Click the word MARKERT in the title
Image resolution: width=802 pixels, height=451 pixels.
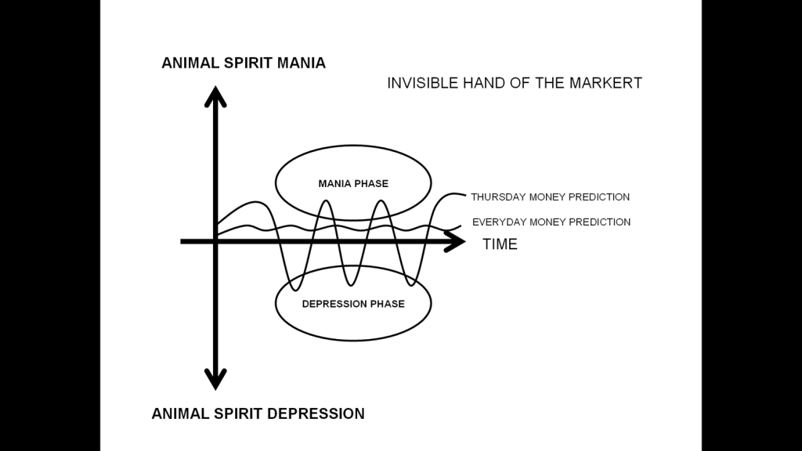pos(608,82)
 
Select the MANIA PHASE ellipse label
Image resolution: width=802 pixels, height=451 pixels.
pos(353,184)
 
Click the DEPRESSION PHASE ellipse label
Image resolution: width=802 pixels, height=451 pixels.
pos(353,304)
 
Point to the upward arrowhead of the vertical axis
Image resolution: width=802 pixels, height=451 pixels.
pos(215,96)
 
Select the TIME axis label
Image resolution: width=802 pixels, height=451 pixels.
pos(500,244)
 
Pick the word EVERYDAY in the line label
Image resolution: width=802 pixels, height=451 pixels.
pos(500,222)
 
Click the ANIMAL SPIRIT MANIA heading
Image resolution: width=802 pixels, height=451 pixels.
pos(244,63)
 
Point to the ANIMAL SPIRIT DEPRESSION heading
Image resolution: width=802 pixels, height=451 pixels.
pos(258,413)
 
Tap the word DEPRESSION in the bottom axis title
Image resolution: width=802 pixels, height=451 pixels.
pos(316,413)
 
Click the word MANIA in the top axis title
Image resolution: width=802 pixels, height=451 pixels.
pos(301,63)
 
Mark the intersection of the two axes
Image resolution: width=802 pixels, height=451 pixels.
pos(215,241)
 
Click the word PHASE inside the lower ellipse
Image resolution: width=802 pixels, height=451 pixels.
pos(388,304)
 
